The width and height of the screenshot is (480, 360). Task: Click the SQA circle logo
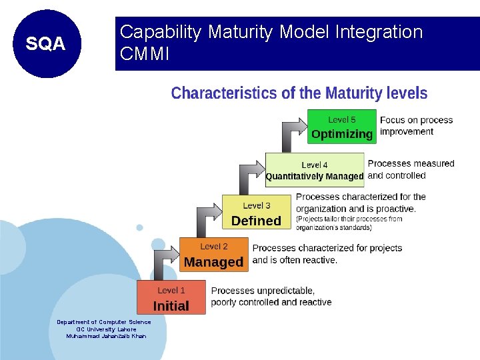(x=46, y=44)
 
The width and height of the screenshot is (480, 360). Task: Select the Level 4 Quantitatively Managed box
(x=315, y=170)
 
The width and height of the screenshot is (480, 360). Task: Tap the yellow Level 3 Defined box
(x=256, y=213)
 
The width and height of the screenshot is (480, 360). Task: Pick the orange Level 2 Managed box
(x=213, y=255)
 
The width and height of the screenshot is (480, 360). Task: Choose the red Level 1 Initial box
(x=171, y=298)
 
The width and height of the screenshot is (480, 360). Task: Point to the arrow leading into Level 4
(x=247, y=177)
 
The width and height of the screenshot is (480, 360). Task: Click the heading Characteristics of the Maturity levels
(x=299, y=93)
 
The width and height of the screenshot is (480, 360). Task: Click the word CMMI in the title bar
(x=144, y=54)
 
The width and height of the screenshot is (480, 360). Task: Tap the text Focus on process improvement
(x=416, y=126)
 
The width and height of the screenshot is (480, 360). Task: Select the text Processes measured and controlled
(x=411, y=169)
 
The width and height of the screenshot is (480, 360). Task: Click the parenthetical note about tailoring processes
(x=349, y=223)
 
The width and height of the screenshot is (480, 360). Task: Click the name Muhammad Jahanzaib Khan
(x=106, y=336)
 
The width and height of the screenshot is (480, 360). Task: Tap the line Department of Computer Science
(x=104, y=322)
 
